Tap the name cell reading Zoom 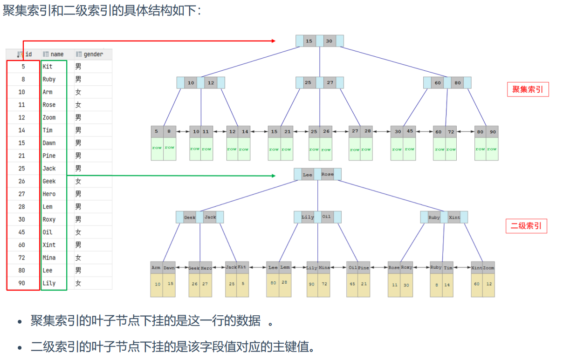49,117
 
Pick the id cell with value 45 22,232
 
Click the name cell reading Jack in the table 49,168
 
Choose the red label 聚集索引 528,89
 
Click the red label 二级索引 526,226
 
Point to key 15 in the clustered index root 309,41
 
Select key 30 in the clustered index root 329,41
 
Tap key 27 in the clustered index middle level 330,82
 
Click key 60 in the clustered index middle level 438,83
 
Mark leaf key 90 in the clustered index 493,132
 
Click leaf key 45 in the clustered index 410,131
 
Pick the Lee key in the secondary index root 308,175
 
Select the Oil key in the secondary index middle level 327,217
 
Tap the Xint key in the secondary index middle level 454,217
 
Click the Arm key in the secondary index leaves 156,268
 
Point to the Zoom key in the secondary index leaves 488,268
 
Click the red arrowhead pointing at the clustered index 274,41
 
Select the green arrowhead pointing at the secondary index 274,176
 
